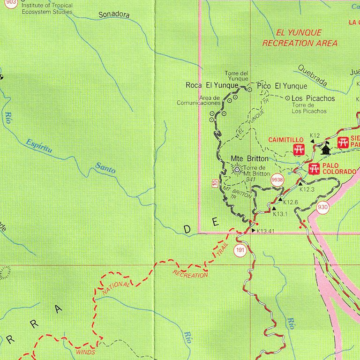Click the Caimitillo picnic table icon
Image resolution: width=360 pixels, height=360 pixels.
(x=299, y=150)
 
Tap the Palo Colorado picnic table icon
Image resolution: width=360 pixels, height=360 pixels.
(x=314, y=168)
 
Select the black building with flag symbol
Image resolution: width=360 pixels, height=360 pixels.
(x=326, y=148)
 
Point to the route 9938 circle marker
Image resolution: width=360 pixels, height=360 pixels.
(x=277, y=179)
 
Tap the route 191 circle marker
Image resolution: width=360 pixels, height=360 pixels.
(x=240, y=250)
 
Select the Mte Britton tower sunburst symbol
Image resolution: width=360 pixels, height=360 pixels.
(x=237, y=170)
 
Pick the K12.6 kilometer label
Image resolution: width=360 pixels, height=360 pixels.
(x=291, y=202)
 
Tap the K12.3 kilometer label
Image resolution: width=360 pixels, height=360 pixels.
(x=307, y=189)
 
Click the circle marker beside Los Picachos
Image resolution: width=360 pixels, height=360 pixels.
(x=287, y=98)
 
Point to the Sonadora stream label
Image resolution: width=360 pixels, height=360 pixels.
(x=114, y=15)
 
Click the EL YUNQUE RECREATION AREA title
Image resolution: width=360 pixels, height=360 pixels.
(x=300, y=38)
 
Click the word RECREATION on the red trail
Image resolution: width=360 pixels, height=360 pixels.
(x=190, y=274)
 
